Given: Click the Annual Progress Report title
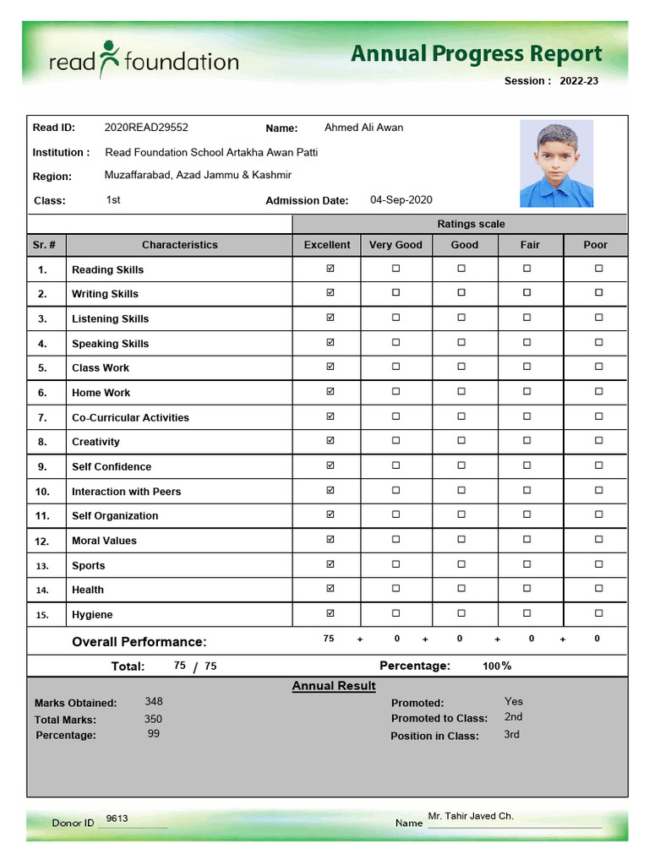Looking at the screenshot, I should [x=476, y=54].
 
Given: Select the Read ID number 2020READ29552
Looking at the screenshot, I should [x=146, y=128].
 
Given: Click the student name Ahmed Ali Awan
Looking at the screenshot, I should [x=363, y=128].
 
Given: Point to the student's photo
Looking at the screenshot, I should [x=556, y=163].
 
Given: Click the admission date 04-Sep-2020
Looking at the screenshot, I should [x=401, y=200].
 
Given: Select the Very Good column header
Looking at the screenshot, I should [x=395, y=245].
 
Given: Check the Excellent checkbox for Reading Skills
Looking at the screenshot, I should [x=330, y=269].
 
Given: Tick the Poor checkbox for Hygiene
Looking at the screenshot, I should [x=598, y=613].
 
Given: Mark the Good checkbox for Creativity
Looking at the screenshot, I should [x=461, y=440].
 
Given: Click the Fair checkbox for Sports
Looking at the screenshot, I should [x=526, y=563].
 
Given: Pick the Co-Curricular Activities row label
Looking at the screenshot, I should [x=130, y=417].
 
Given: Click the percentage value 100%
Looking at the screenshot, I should [x=497, y=666].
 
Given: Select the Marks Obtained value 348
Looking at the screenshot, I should [x=154, y=701].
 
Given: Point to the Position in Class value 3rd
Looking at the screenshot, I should [x=511, y=734].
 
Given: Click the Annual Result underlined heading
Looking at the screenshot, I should [x=334, y=686].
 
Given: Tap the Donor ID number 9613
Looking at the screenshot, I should [x=117, y=819].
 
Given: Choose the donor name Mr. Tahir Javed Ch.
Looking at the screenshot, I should [x=471, y=816].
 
